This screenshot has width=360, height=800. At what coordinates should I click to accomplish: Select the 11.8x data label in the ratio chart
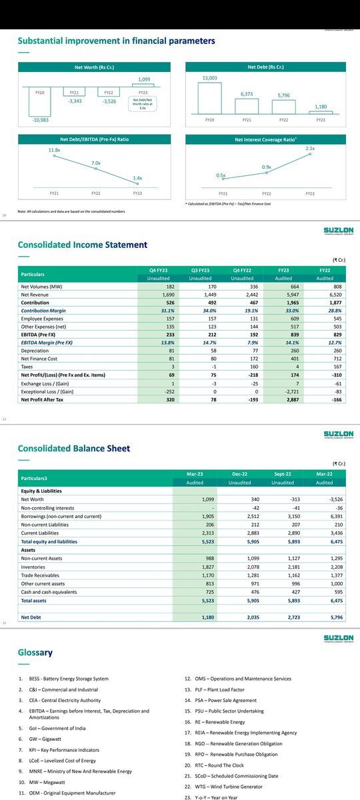point(55,151)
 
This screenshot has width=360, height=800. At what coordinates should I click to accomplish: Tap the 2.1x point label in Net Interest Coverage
point(309,148)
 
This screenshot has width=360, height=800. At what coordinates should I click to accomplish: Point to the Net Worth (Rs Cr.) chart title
point(93,67)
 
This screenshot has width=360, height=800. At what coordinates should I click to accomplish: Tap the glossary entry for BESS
point(67,679)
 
